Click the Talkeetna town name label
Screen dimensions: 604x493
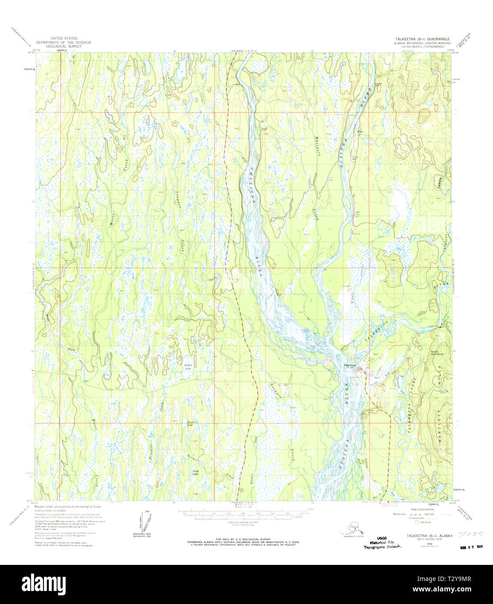click(350, 365)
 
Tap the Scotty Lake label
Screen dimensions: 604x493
click(188, 366)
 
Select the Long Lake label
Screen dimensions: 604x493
click(196, 472)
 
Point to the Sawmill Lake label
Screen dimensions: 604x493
click(190, 423)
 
